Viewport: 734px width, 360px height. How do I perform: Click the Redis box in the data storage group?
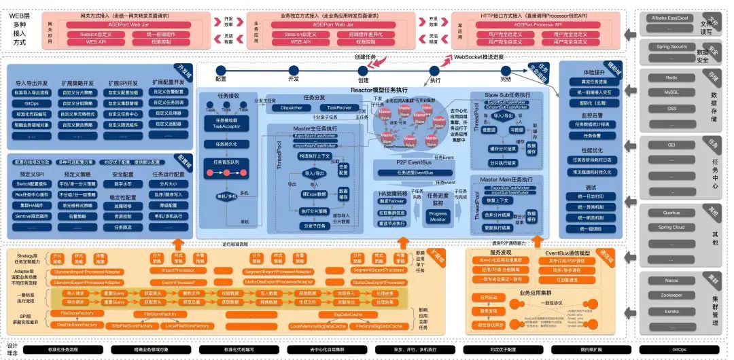(671, 77)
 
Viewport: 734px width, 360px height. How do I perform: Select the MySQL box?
(671, 92)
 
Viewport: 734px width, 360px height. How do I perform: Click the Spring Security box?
(671, 47)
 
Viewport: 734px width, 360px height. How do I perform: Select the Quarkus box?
(671, 213)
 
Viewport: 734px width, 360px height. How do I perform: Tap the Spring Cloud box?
(671, 227)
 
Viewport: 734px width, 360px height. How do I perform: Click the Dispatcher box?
(292, 107)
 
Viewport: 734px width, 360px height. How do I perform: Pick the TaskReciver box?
(340, 107)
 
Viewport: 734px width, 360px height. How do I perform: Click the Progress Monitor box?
(438, 217)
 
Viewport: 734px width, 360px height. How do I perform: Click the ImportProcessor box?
(178, 270)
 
